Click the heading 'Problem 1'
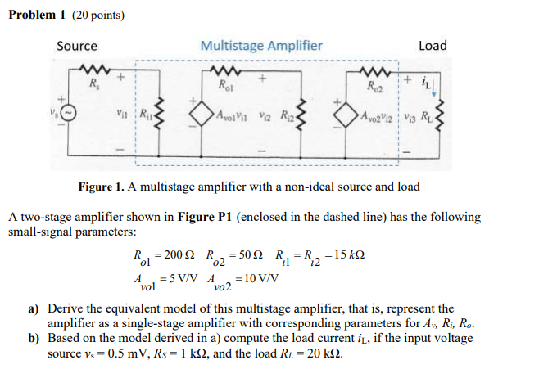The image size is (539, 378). (x=39, y=15)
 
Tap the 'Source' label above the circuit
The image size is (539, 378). (x=76, y=46)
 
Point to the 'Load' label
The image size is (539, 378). (x=433, y=46)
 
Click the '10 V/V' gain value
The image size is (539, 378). (x=262, y=277)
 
